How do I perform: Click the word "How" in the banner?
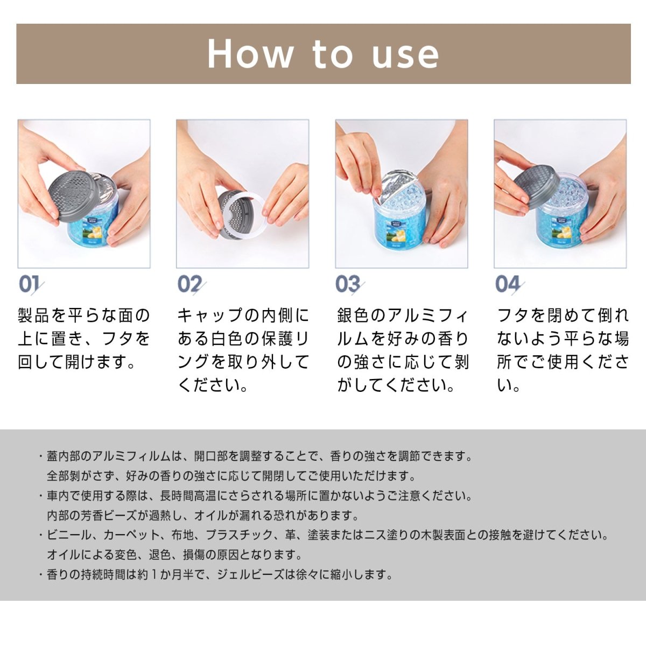click(x=250, y=54)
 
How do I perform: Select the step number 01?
click(x=30, y=284)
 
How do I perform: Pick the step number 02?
click(x=190, y=284)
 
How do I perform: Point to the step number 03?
click(x=348, y=284)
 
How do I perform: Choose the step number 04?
click(x=508, y=284)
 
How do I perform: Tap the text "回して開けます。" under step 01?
click(x=77, y=362)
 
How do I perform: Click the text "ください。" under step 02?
click(x=213, y=385)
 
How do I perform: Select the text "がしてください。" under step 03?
click(x=396, y=385)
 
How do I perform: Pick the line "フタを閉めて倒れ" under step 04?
click(x=562, y=315)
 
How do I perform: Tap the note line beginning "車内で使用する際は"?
click(x=256, y=496)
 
